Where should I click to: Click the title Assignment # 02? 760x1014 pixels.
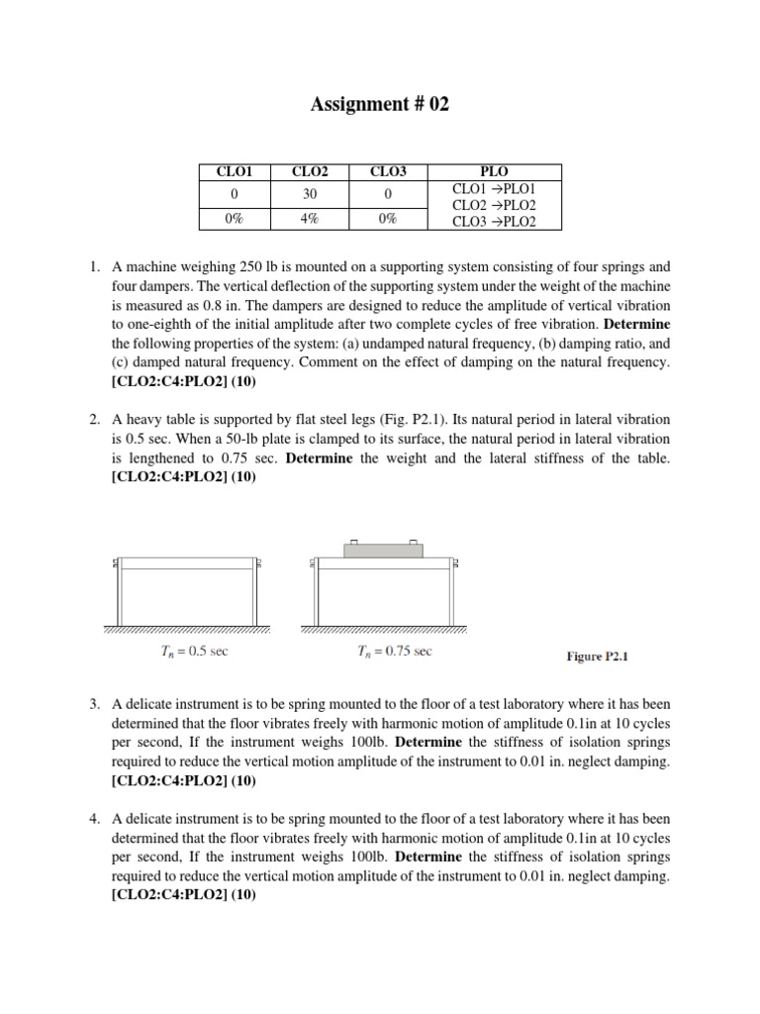pos(380,104)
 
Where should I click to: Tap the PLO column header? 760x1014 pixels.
pos(494,171)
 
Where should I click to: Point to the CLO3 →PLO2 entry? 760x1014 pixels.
pos(494,221)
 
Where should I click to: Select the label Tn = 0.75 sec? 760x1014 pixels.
pos(395,651)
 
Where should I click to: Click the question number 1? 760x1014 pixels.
pos(94,267)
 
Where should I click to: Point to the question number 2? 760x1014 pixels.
pos(94,420)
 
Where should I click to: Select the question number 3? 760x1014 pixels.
pos(94,705)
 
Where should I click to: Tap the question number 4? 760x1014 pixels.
pos(94,820)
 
